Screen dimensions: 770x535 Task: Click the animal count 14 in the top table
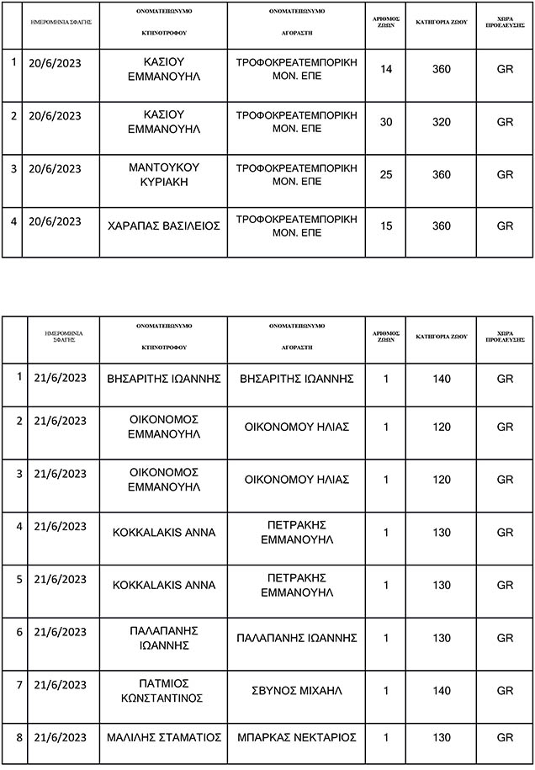coord(387,69)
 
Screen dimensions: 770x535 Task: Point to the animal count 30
coord(387,122)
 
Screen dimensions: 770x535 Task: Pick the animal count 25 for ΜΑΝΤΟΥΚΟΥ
coord(387,174)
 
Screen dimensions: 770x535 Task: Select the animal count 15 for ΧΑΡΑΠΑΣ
coord(387,226)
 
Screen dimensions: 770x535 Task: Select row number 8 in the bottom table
coord(19,737)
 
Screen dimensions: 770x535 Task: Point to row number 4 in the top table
coord(13,222)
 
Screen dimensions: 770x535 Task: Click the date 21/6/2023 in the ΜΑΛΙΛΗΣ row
coord(61,737)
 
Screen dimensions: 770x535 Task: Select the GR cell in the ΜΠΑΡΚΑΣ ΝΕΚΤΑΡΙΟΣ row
coord(505,737)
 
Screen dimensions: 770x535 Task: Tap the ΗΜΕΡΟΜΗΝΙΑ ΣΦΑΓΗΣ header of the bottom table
coord(64,337)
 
